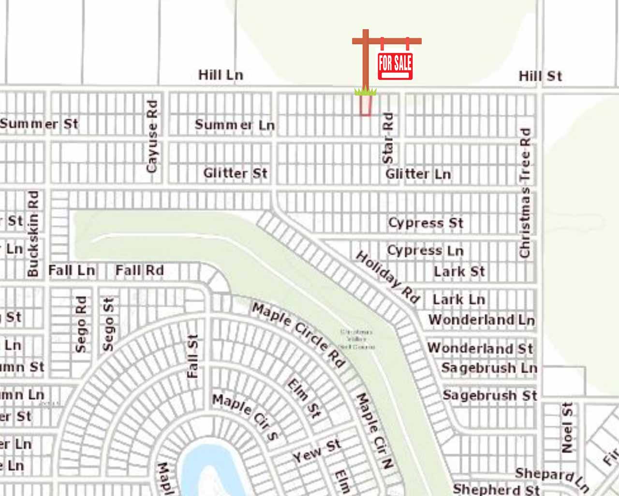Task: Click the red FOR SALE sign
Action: (395, 65)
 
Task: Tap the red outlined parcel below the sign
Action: (366, 105)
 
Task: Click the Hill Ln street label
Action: (221, 75)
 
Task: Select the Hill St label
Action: (540, 76)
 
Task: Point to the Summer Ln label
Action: (235, 125)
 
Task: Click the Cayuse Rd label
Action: (152, 136)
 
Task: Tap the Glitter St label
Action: (235, 173)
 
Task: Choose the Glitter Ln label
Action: (418, 174)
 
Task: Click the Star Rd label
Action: (388, 138)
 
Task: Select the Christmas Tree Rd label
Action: (525, 192)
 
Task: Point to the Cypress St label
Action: (426, 223)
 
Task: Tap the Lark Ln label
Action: (458, 299)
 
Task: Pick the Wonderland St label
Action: (480, 348)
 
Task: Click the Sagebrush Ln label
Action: (489, 368)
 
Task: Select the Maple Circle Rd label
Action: (299, 335)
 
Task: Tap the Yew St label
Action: (317, 451)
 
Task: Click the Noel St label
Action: (567, 427)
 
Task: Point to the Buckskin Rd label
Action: (33, 233)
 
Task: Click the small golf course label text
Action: (357, 339)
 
